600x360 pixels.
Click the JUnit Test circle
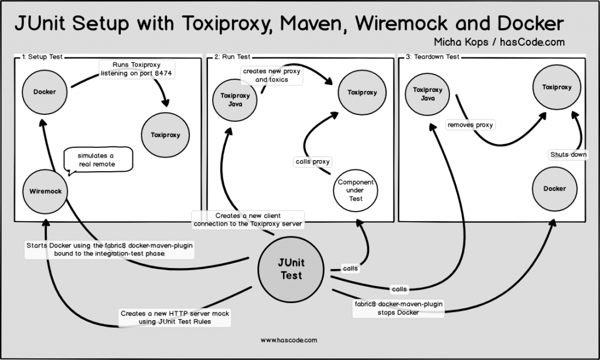pos(290,269)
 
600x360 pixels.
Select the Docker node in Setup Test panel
pos(45,91)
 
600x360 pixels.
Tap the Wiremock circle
pos(45,191)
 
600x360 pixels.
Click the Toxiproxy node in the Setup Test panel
pos(166,135)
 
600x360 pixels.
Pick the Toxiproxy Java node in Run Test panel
pos(234,100)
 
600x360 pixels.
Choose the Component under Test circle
pos(356,191)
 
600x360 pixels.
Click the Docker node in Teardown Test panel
pos(554,189)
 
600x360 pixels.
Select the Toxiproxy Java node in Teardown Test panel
pos(427,94)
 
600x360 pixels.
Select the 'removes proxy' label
pos(471,125)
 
